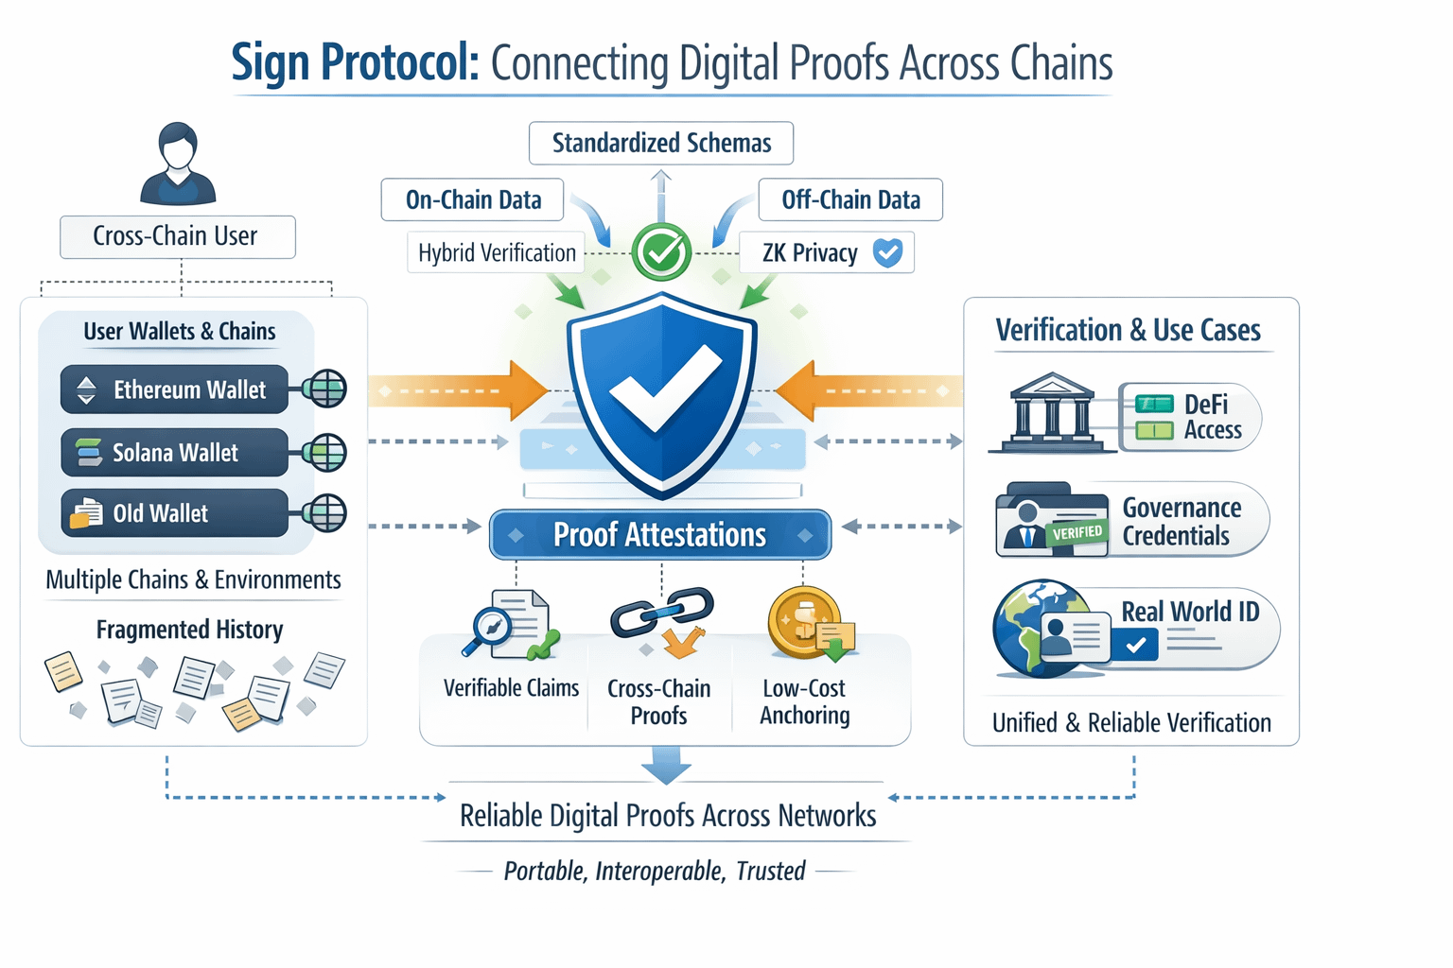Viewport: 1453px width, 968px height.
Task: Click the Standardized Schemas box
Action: click(660, 143)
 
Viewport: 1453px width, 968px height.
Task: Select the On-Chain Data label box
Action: click(472, 199)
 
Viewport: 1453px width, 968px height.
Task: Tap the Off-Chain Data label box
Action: click(849, 199)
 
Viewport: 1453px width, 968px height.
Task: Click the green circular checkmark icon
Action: click(661, 251)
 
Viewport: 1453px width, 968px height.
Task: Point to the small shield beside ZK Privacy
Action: click(887, 252)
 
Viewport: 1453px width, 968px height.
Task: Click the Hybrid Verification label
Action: click(497, 252)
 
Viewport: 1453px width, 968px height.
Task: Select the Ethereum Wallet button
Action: click(174, 389)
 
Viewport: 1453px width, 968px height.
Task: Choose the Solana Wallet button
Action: click(174, 453)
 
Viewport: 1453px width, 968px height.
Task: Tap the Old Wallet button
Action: click(174, 513)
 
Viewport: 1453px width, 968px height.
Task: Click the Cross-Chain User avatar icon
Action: click(178, 164)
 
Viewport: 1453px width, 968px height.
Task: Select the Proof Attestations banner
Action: click(659, 535)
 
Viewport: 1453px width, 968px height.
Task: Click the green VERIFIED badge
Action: click(1077, 533)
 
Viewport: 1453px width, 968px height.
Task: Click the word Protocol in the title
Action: click(399, 62)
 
